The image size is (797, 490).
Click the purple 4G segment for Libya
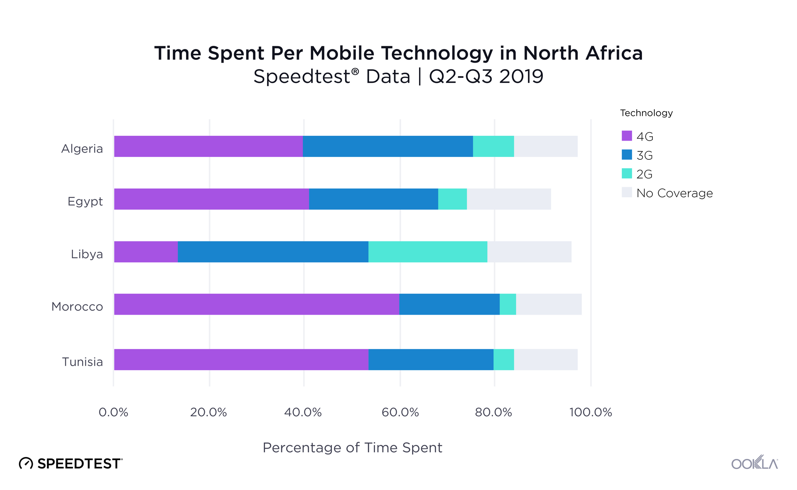[146, 252]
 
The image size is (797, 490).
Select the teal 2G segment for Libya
[428, 252]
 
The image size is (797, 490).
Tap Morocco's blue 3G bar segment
[449, 304]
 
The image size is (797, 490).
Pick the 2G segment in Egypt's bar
[452, 199]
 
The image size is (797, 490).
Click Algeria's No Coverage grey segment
[546, 146]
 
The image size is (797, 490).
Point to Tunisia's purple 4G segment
[241, 360]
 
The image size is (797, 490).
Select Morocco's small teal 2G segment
[508, 304]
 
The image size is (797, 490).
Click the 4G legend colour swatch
[627, 136]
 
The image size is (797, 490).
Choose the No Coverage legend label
[674, 193]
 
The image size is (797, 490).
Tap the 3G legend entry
[644, 155]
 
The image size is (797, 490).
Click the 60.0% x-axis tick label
[400, 412]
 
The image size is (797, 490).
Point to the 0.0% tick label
[114, 412]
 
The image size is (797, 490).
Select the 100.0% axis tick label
[591, 412]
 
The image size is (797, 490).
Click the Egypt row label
[85, 202]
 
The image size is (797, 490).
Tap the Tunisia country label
[82, 362]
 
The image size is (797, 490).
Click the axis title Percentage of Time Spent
[352, 448]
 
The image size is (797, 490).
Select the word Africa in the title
[614, 53]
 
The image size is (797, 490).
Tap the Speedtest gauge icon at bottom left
[26, 464]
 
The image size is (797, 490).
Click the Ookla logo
[754, 463]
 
